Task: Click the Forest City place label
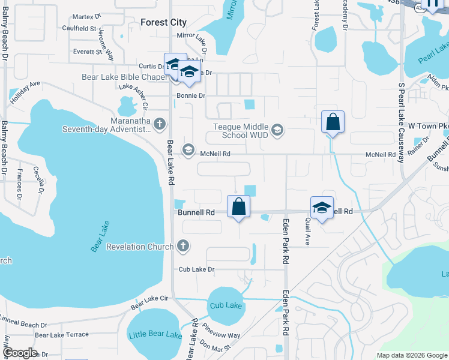click(163, 22)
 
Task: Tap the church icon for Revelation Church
click(183, 246)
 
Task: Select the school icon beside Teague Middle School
click(277, 130)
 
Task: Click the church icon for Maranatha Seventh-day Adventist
click(159, 124)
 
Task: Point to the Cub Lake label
click(226, 306)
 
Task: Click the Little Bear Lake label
click(155, 335)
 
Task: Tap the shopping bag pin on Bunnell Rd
click(239, 206)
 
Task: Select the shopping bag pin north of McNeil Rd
click(333, 122)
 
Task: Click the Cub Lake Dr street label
click(196, 269)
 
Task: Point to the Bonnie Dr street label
click(191, 96)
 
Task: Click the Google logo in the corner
click(19, 352)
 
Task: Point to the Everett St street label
click(88, 52)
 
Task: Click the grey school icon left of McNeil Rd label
click(188, 150)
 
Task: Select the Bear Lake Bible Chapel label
click(124, 77)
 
